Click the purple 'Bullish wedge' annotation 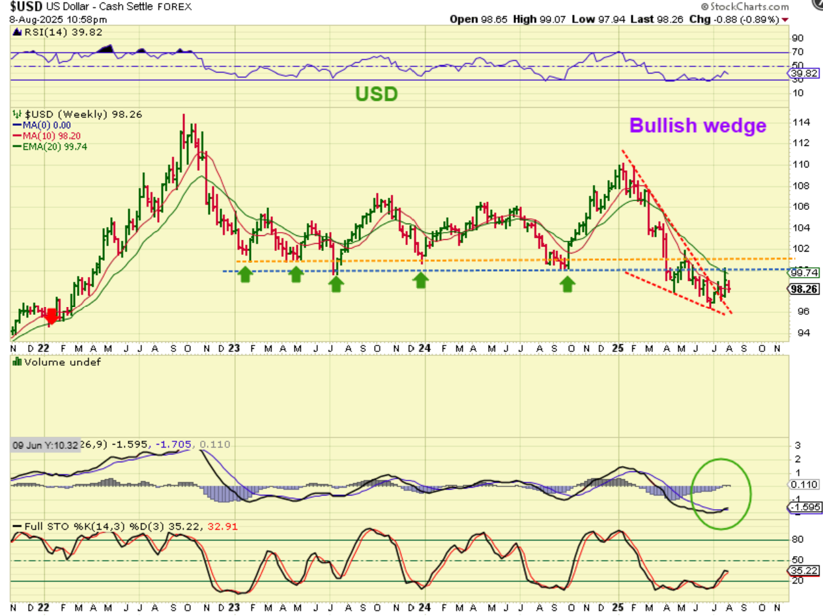click(698, 125)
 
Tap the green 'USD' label click(376, 94)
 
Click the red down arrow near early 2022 click(51, 316)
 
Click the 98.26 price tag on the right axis click(804, 289)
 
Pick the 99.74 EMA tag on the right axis click(804, 272)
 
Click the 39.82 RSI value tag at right click(804, 74)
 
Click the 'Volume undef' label click(57, 362)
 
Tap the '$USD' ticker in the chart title click(26, 7)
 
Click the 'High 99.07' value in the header click(537, 19)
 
